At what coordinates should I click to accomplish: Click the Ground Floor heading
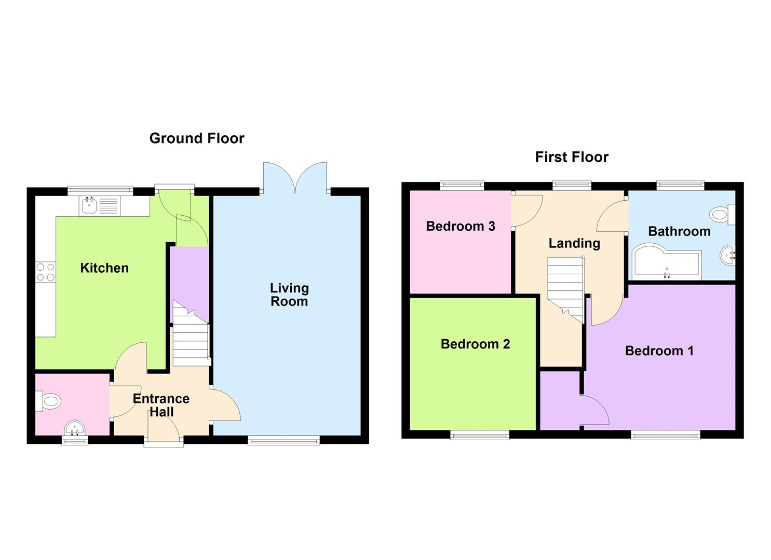click(x=197, y=138)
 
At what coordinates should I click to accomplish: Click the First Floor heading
click(x=572, y=157)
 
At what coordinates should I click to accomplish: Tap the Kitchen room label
click(x=104, y=268)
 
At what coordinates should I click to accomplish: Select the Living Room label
click(x=289, y=295)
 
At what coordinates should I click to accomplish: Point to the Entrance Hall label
click(x=161, y=405)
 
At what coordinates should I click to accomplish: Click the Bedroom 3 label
click(x=461, y=226)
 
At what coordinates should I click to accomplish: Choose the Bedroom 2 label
click(x=475, y=344)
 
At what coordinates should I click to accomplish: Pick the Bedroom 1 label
click(x=659, y=351)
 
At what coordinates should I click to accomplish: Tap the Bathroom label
click(x=679, y=231)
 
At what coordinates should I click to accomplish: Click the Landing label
click(x=574, y=243)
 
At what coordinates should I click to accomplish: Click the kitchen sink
click(x=89, y=206)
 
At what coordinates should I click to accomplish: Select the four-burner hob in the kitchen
click(x=45, y=272)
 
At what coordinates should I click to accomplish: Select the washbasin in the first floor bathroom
click(x=728, y=255)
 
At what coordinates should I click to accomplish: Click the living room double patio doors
click(x=295, y=179)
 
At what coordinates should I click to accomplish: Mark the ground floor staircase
click(x=191, y=337)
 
